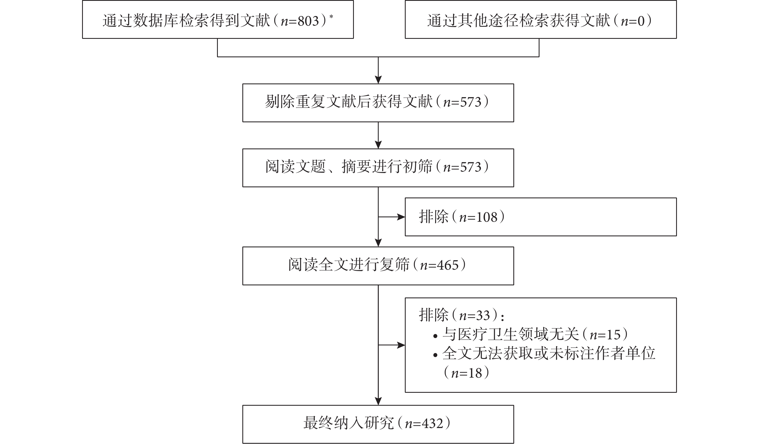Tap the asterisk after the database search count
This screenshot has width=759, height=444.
(x=331, y=17)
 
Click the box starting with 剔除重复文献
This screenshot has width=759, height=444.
(x=378, y=103)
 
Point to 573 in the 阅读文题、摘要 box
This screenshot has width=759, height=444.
(x=471, y=167)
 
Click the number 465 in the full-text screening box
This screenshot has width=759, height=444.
(x=448, y=265)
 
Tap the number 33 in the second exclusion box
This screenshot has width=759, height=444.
(x=483, y=315)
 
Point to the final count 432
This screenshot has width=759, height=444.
(x=432, y=424)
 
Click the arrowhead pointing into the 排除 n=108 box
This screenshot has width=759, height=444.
(x=401, y=217)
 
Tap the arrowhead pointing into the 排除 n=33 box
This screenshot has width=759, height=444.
(x=401, y=345)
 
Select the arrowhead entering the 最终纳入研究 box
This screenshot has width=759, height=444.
(x=378, y=401)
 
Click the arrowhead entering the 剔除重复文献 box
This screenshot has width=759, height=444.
(x=378, y=80)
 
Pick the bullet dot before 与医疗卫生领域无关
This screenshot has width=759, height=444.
(x=435, y=336)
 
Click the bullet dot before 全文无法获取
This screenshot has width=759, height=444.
(x=435, y=355)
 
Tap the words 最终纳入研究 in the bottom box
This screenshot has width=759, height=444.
(x=349, y=423)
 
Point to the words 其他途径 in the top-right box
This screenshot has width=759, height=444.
(x=488, y=21)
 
